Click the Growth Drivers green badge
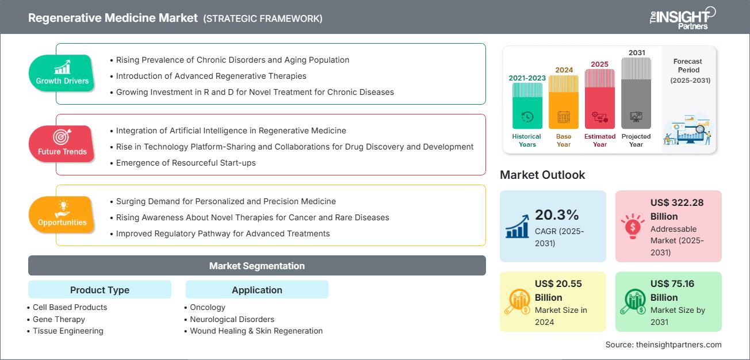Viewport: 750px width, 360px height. click(62, 73)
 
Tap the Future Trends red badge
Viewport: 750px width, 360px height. click(62, 144)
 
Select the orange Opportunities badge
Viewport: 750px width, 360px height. click(62, 215)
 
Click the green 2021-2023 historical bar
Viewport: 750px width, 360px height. click(527, 106)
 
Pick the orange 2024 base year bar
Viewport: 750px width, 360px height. click(564, 102)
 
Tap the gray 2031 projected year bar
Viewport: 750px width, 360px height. click(636, 93)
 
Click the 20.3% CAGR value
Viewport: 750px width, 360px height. click(557, 215)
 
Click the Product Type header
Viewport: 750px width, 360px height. click(100, 290)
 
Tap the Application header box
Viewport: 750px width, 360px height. click(257, 290)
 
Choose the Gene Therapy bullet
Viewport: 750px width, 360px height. click(59, 319)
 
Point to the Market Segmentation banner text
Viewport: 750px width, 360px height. click(257, 266)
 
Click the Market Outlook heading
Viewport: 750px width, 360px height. click(542, 175)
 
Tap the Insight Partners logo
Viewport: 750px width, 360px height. click(682, 17)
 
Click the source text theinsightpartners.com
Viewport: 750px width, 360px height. click(663, 344)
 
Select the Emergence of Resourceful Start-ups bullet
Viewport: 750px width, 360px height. click(186, 163)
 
